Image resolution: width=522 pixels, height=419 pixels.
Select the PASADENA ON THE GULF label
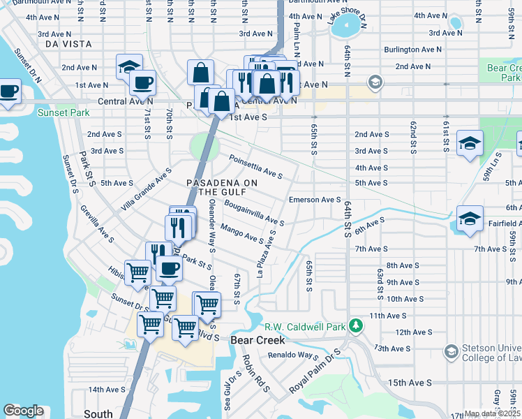point(222,187)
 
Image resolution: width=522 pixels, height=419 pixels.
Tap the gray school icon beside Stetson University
point(451,351)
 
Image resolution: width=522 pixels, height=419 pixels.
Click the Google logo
point(22,411)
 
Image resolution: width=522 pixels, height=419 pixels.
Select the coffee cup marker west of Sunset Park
point(9,91)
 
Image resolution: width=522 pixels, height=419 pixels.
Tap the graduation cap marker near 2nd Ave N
point(129,66)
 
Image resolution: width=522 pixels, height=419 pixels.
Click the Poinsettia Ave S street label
point(255,167)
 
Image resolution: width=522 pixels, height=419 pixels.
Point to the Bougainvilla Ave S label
point(253,212)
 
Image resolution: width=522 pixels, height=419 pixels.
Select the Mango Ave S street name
point(241,233)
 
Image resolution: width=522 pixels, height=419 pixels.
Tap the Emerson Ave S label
point(315,200)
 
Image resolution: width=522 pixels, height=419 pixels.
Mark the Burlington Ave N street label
point(412,50)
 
